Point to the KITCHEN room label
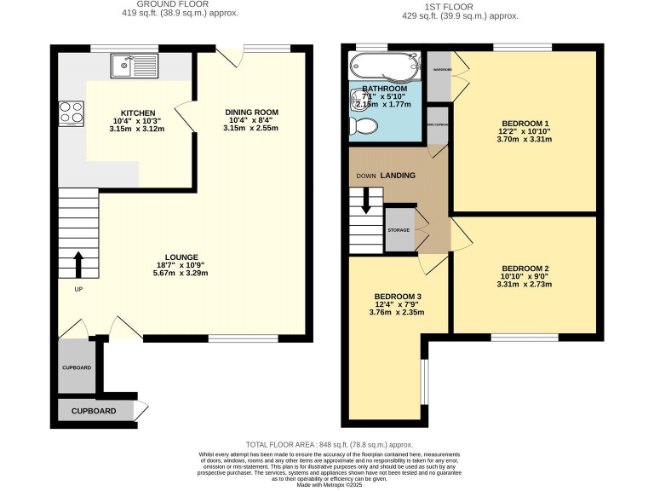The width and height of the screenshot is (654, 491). point(138,113)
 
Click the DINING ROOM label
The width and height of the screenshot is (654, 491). point(251,113)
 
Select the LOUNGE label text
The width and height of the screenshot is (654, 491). point(182,257)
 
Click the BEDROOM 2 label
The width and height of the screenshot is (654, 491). point(525,269)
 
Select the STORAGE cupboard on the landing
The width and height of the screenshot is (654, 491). point(399,230)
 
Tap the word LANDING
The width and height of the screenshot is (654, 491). point(398,176)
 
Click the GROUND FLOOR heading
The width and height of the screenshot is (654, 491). point(180,4)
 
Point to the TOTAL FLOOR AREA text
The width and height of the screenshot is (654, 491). point(329,444)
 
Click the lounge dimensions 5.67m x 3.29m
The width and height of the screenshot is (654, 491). point(182,273)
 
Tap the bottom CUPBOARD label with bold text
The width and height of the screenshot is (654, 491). point(94,411)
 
